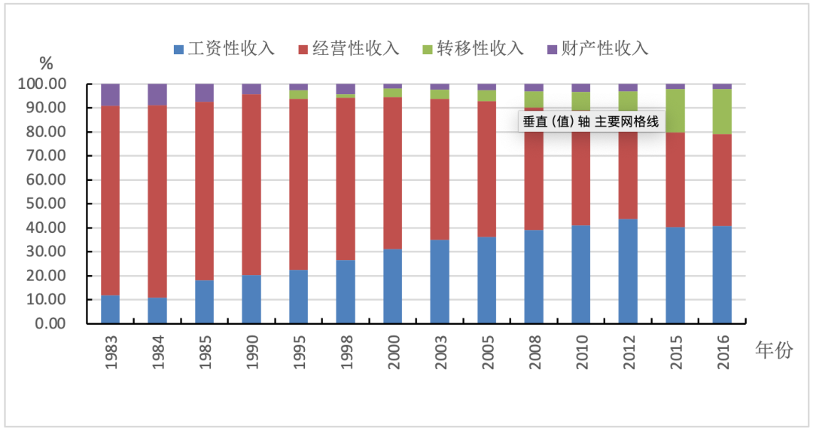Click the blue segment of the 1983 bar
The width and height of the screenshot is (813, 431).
tap(110, 309)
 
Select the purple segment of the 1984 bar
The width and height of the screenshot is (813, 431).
tap(157, 94)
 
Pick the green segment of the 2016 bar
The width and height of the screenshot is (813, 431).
tap(722, 112)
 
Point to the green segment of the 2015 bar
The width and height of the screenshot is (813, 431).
tap(675, 111)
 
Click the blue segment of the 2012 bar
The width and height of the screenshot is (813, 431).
tap(628, 271)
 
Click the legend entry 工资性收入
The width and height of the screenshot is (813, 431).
tap(224, 49)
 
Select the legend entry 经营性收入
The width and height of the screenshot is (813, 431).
tap(349, 49)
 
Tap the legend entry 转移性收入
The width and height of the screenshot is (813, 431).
tap(473, 49)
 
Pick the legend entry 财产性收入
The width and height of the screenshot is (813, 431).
tap(597, 49)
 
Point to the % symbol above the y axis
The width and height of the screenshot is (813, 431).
tap(47, 63)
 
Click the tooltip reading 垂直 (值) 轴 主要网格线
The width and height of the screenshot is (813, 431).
tap(592, 121)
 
